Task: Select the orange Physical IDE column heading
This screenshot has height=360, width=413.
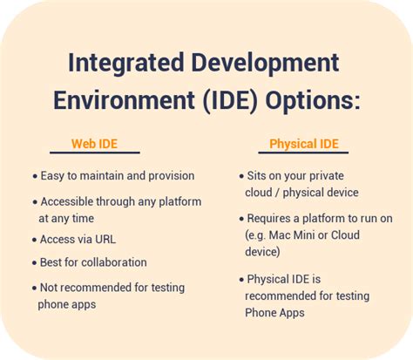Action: pyautogui.click(x=303, y=145)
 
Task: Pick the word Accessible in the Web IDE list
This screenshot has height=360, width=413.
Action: pyautogui.click(x=68, y=201)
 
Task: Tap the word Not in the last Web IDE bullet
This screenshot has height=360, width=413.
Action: pyautogui.click(x=50, y=288)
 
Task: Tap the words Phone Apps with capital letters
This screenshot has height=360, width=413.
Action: pyautogui.click(x=274, y=313)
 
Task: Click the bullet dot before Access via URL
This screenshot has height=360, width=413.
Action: pyautogui.click(x=34, y=240)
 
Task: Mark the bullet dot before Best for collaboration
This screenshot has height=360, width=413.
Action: pyautogui.click(x=34, y=263)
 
